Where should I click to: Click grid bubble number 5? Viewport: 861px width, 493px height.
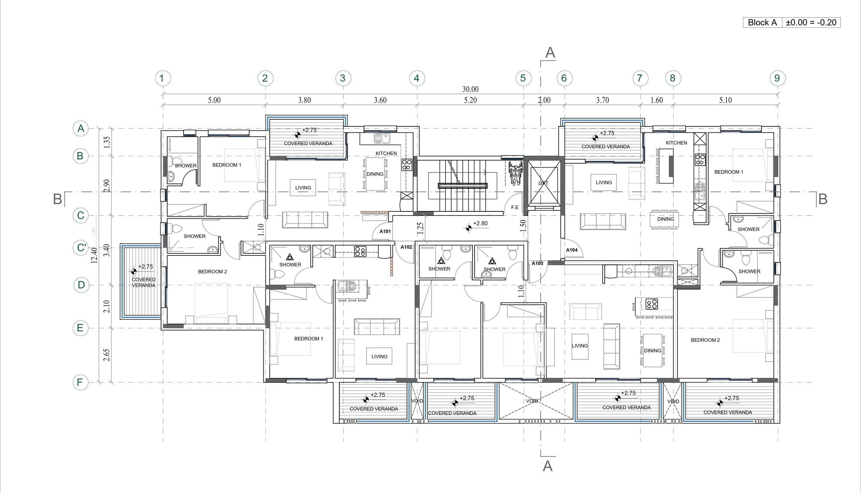523,78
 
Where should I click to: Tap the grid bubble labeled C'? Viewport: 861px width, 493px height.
81,248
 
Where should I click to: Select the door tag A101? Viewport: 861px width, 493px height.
385,232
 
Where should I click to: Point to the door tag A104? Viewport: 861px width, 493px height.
572,250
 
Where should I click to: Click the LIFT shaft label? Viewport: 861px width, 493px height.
543,183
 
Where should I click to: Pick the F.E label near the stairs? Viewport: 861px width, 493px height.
515,207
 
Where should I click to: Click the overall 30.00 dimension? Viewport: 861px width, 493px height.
470,89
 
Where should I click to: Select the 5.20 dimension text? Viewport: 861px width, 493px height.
470,100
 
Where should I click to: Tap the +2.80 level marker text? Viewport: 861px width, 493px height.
480,223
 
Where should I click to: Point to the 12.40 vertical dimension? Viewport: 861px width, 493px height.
95,256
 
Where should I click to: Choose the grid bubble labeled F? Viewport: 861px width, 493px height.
81,382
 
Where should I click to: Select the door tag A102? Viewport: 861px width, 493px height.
406,247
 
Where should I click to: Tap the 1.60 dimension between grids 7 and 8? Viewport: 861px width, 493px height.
657,100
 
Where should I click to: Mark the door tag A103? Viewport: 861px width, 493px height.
537,263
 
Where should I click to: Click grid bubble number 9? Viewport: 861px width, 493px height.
777,78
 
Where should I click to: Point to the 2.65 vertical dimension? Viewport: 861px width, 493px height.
107,355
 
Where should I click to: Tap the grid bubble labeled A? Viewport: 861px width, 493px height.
81,129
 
